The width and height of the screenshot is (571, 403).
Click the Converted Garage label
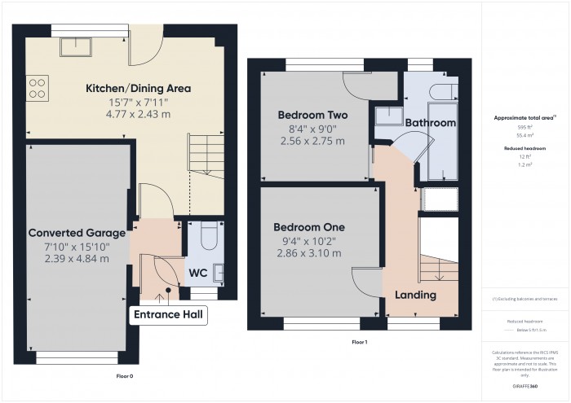coord(77,233)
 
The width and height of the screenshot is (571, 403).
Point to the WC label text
coord(197,272)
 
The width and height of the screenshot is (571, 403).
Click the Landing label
coord(415,295)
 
